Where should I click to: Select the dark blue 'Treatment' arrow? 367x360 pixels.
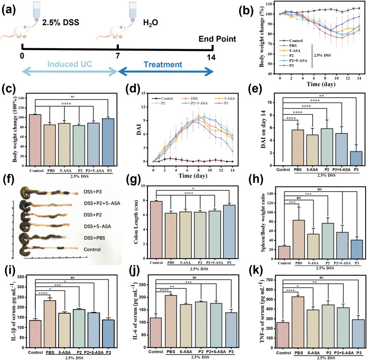click(x=166, y=71)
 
